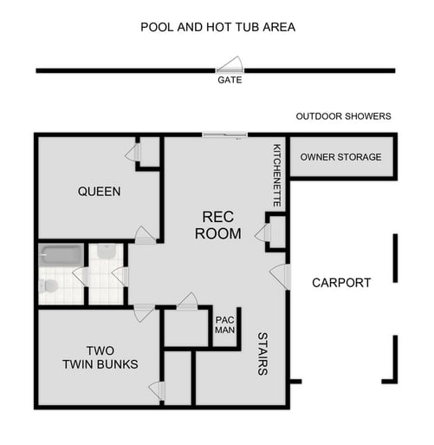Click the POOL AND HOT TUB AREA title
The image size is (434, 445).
[217, 27]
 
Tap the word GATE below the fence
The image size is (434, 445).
[230, 80]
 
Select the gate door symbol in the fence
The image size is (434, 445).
[231, 66]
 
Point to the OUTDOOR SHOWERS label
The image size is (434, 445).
[343, 116]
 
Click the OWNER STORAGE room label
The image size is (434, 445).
[340, 157]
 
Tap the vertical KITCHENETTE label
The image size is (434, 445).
[277, 175]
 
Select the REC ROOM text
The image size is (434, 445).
[211, 225]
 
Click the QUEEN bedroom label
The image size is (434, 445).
[99, 191]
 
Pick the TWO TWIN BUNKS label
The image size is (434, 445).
[99, 357]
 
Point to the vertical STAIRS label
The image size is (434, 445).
[262, 352]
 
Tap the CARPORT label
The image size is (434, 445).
[341, 283]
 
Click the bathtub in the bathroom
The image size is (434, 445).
[62, 254]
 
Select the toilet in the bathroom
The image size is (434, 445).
[50, 285]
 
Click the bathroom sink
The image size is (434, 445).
[107, 252]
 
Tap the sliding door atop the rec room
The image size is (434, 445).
[224, 134]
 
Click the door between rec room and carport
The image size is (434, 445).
[279, 276]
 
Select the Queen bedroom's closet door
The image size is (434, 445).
[132, 154]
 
